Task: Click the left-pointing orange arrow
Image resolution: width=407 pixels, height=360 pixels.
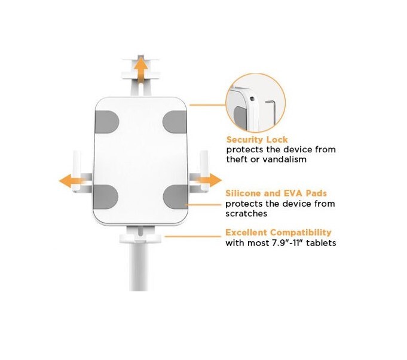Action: tap(71, 180)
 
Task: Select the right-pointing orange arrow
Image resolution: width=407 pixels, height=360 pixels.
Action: tap(210, 180)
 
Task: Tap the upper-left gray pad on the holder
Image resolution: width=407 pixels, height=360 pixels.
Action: tap(107, 122)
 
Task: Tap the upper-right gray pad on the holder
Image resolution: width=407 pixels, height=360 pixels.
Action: tap(175, 122)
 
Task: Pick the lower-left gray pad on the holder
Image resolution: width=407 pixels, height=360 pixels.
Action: tap(106, 196)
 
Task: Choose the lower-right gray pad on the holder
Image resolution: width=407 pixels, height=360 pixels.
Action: tap(176, 196)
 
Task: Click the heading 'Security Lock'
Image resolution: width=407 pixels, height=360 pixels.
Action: tap(257, 140)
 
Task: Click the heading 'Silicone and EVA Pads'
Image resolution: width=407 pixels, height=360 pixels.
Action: tap(276, 193)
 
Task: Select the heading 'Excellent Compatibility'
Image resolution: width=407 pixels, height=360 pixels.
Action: tap(279, 233)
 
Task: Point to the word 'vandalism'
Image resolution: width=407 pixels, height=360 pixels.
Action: tap(284, 159)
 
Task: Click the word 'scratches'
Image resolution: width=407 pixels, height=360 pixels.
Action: tap(246, 214)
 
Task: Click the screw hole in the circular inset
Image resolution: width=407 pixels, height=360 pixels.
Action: tap(252, 99)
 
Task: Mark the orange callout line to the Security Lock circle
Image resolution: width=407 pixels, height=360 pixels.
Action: tap(207, 105)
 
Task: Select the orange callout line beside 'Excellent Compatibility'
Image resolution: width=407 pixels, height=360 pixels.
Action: tap(193, 236)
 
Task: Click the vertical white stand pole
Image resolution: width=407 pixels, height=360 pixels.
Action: tap(139, 267)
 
